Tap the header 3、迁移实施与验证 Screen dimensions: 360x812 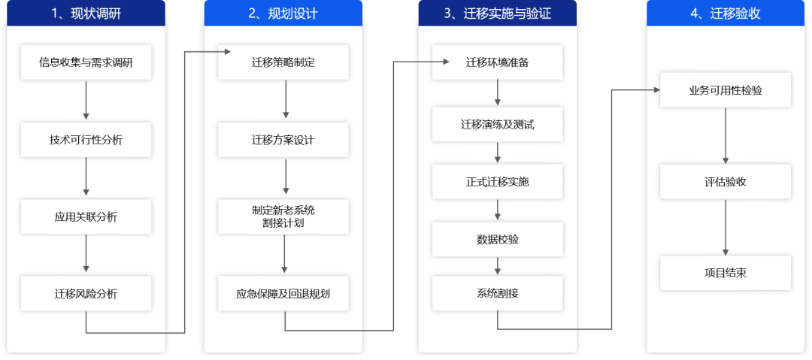[497, 14]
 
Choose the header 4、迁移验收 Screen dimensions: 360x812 [725, 14]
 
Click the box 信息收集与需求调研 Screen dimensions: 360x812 [86, 62]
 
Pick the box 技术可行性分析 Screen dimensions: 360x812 [86, 140]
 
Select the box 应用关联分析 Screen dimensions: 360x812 [86, 217]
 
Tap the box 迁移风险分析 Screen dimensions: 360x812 [86, 294]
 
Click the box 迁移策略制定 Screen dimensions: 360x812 [283, 62]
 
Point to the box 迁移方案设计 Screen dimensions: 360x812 [283, 140]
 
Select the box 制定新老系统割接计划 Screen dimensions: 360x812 [283, 216]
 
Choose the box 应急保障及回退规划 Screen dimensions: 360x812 [283, 294]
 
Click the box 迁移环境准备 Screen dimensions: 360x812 [497, 62]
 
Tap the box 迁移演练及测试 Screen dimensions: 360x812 [497, 124]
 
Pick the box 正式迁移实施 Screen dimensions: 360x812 [497, 182]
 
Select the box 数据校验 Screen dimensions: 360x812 [497, 239]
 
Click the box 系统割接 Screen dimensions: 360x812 [497, 294]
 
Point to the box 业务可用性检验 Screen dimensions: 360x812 [726, 90]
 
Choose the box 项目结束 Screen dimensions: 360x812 [726, 273]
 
